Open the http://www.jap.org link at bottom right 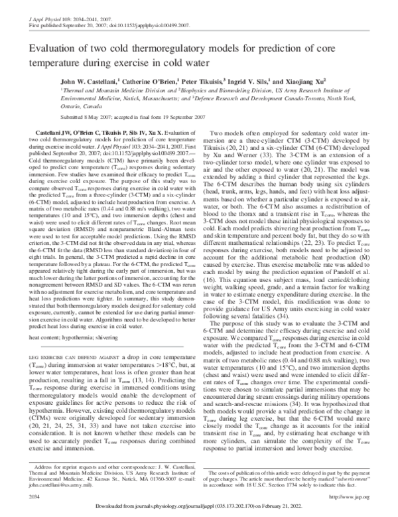tap(356, 495)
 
